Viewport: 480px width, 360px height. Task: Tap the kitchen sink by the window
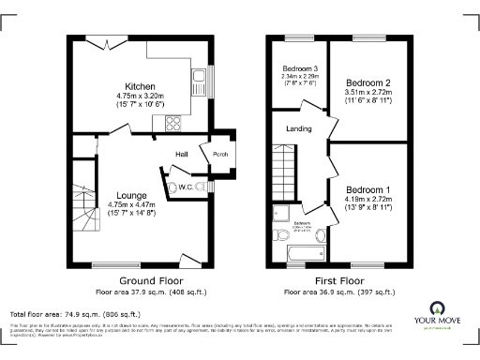point(199,76)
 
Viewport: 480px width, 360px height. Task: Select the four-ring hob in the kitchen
point(174,123)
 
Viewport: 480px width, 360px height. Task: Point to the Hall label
point(183,154)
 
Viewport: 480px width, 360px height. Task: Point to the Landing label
point(299,129)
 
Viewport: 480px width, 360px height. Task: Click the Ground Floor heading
point(150,280)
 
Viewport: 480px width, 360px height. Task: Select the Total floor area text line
point(75,314)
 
